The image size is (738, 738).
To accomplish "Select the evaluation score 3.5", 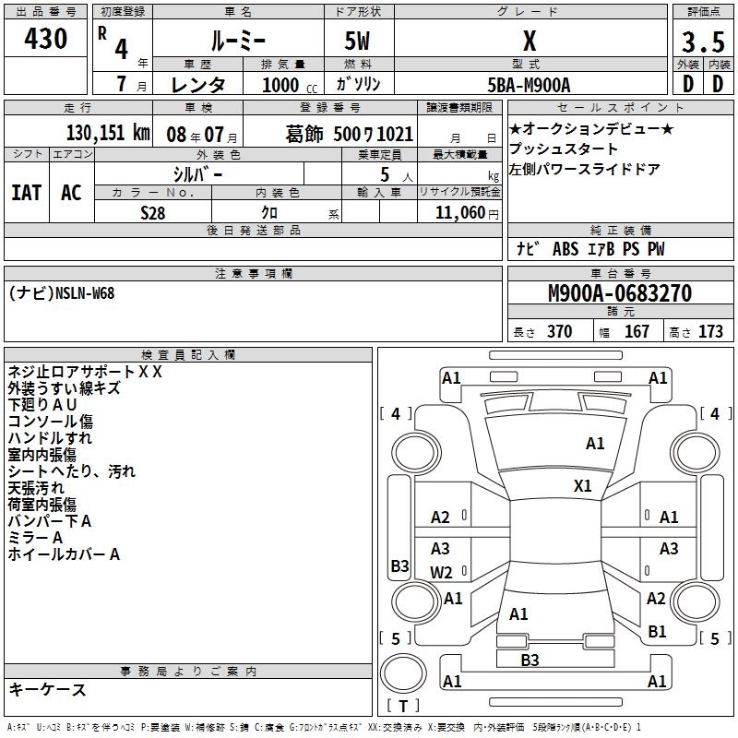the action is [x=701, y=42].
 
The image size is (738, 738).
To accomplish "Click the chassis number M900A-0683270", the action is [x=620, y=293].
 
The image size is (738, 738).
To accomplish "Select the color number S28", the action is [x=153, y=212].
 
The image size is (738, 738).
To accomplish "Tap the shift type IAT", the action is [x=26, y=192].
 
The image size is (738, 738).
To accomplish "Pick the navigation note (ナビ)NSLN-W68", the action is [x=63, y=293].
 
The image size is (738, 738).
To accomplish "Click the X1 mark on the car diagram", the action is [x=582, y=486].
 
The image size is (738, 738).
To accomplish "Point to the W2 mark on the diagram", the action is [x=441, y=572].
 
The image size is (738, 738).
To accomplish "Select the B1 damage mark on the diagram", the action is [x=657, y=631].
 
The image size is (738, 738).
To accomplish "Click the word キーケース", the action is [x=47, y=689].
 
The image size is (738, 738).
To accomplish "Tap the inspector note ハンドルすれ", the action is [x=50, y=437].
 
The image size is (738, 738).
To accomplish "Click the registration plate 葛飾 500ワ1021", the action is [x=349, y=135].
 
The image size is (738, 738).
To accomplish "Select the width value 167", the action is [x=637, y=332].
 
